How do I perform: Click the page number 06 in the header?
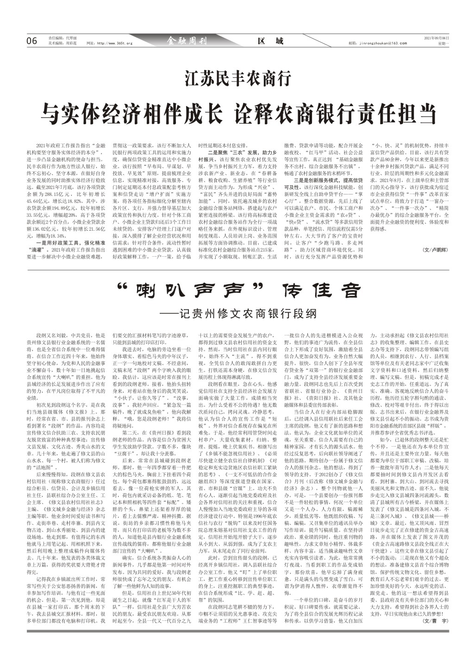[x=31, y=41]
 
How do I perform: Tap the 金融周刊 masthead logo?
[x=187, y=41]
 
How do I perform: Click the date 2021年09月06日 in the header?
[x=437, y=38]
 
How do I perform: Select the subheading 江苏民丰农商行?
[x=237, y=78]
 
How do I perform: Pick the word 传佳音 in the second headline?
[x=321, y=290]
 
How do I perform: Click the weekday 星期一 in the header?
[x=443, y=44]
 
